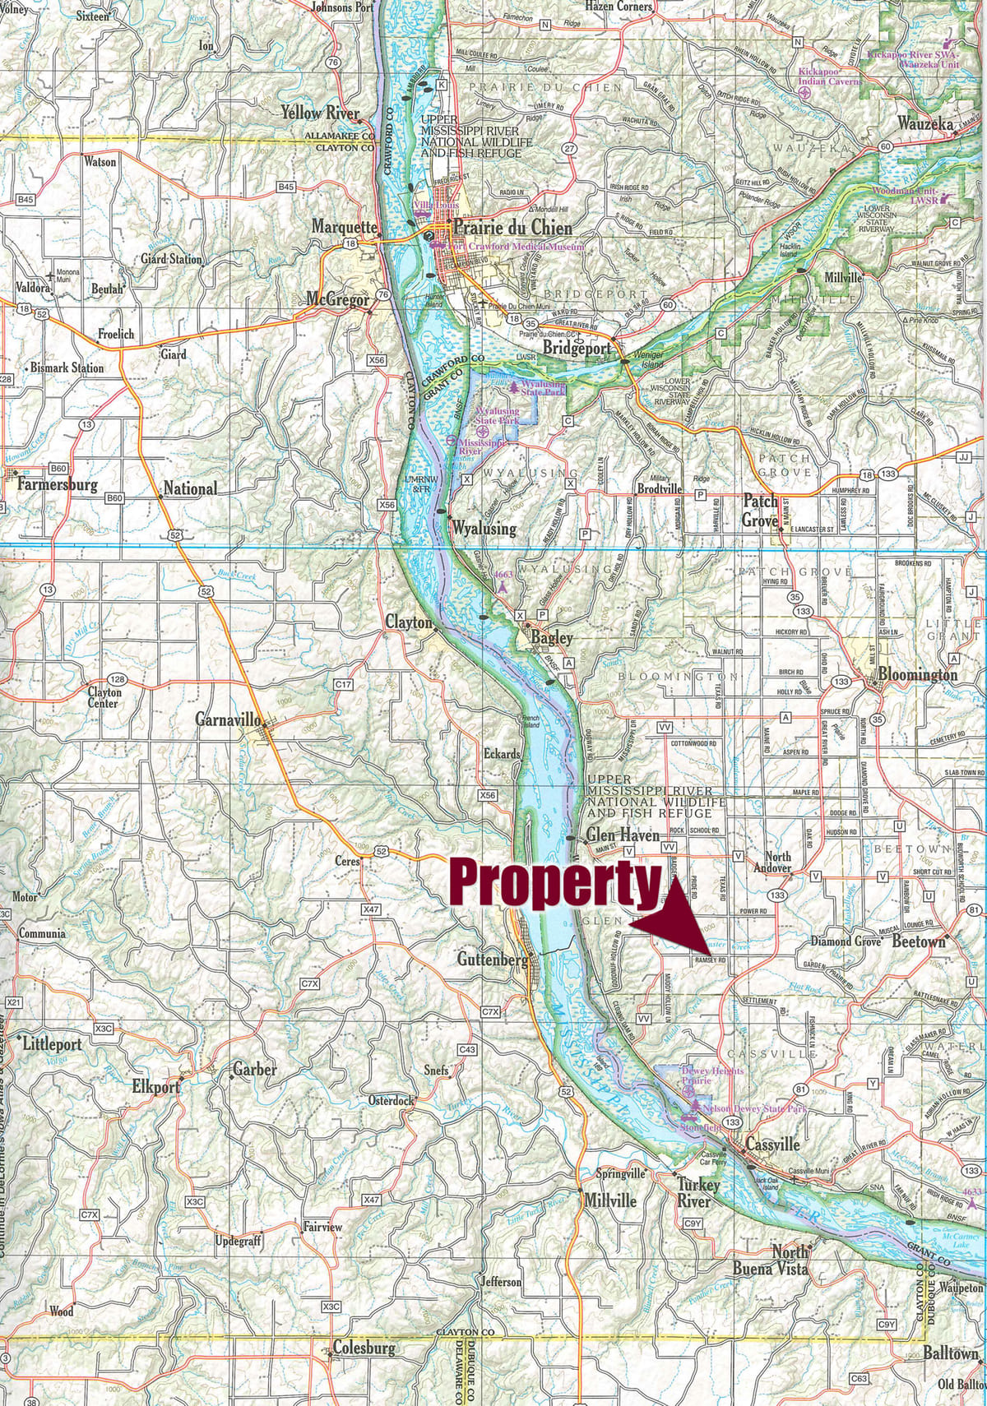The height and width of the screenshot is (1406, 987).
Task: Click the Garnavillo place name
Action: coord(229,719)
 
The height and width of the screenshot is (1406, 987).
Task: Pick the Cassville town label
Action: coord(772,1144)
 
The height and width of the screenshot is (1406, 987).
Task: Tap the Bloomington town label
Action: coord(918,674)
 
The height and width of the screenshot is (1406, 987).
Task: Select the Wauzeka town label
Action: coord(925,123)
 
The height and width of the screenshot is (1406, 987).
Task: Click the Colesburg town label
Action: coord(364,1348)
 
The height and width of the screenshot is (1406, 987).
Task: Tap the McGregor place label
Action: coord(338,300)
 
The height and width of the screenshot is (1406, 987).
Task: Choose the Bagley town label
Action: coord(552,637)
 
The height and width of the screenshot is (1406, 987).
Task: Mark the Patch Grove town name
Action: coord(760,510)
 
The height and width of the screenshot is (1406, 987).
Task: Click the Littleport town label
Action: coord(53,1044)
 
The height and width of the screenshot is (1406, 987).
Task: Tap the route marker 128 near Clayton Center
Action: coord(118,679)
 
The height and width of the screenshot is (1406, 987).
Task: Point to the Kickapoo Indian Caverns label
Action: coord(831,76)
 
